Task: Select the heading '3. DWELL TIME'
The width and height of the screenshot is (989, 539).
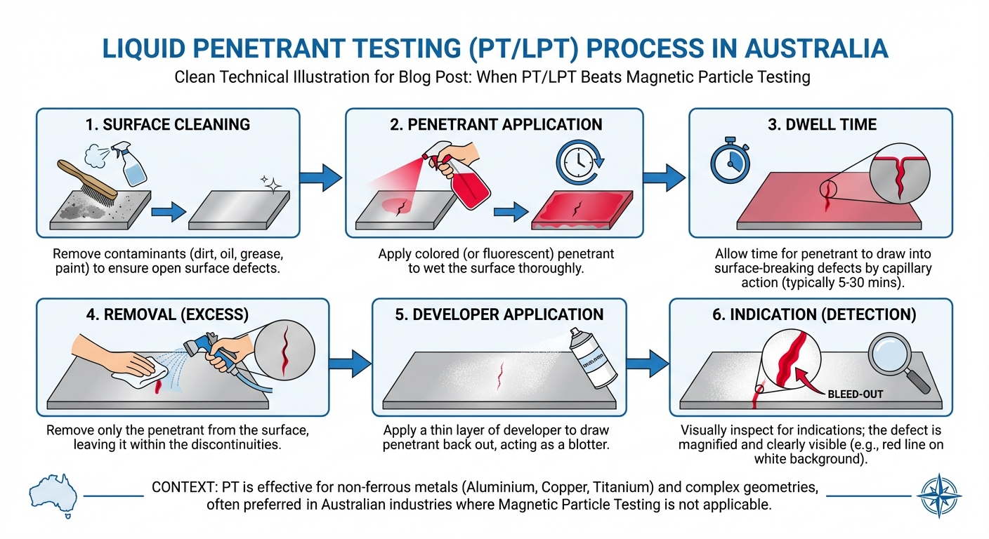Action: (x=820, y=125)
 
